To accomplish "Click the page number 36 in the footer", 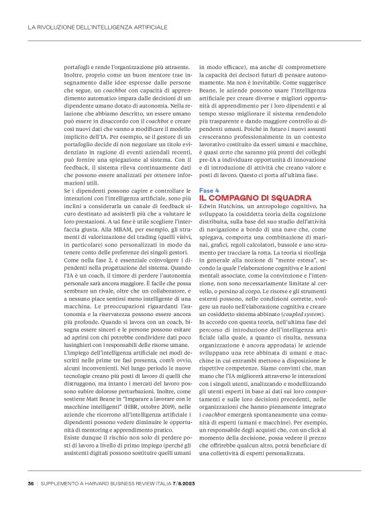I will pos(31,483).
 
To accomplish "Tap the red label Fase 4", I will pos(209,190).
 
